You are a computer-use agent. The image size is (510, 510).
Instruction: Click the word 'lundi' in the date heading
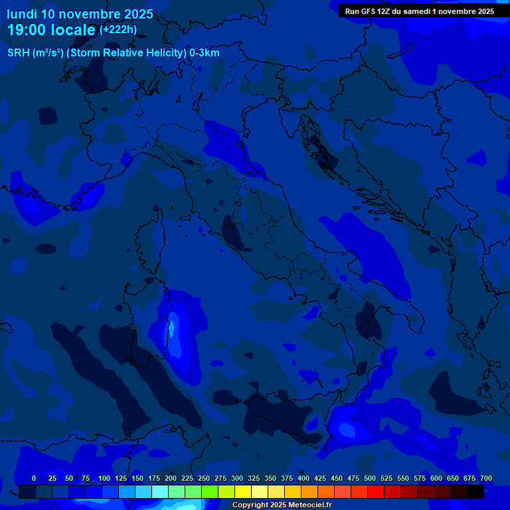[x=22, y=14]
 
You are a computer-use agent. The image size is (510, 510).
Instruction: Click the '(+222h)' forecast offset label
[x=118, y=29]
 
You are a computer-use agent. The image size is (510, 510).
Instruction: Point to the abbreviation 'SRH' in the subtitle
[x=19, y=53]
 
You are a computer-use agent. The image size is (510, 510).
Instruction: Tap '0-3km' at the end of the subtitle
[x=205, y=53]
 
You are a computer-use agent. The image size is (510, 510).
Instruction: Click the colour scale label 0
[x=34, y=478]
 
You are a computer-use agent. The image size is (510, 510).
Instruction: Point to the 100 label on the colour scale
[x=104, y=478]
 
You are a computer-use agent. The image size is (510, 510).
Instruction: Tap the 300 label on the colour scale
[x=237, y=478]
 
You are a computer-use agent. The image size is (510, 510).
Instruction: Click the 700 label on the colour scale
[x=486, y=478]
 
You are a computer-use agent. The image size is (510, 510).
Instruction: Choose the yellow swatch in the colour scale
[x=243, y=492]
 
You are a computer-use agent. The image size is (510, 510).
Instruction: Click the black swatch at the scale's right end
[x=475, y=492]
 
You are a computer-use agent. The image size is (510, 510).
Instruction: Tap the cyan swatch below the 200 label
[x=160, y=492]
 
